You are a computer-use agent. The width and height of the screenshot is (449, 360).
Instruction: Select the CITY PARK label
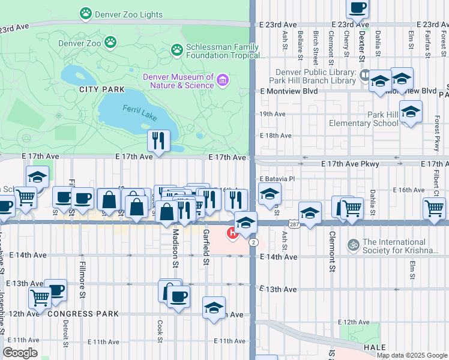click(102, 89)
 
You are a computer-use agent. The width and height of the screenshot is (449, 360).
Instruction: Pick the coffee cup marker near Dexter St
click(358, 8)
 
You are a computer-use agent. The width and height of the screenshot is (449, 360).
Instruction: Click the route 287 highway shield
click(293, 223)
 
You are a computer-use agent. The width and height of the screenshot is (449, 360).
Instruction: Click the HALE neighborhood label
click(374, 347)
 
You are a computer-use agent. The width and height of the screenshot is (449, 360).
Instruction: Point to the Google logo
click(20, 352)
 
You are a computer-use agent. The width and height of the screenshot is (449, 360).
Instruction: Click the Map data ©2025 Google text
click(412, 355)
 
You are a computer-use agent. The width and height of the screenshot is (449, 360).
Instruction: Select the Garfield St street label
click(205, 247)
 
